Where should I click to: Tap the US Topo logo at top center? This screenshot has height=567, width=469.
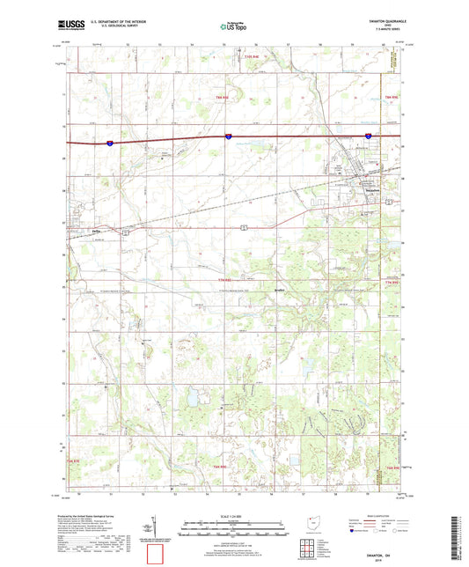(x=232, y=26)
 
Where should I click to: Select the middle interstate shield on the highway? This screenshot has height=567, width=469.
(x=228, y=136)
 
